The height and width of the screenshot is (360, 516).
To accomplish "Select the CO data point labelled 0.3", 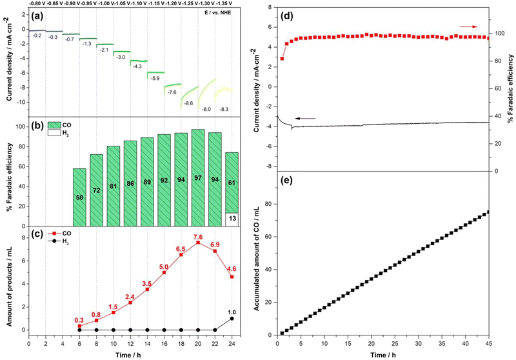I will (x=79, y=326).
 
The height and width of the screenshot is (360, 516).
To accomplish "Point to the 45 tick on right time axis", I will (x=488, y=345).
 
